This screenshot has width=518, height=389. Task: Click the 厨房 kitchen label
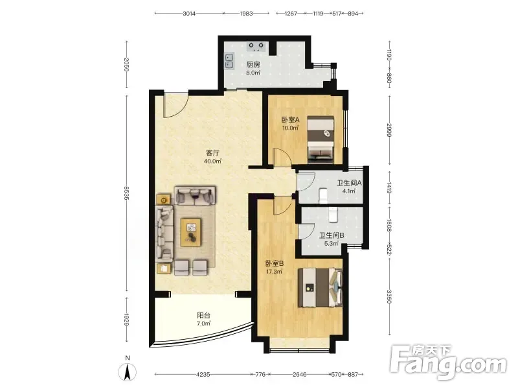(253, 64)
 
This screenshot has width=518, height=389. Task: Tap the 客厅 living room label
(212, 153)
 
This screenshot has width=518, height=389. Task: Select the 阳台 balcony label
(203, 316)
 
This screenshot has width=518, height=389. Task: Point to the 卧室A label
(290, 120)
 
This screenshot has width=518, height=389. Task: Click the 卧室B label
(275, 264)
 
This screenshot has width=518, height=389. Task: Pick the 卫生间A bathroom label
(349, 183)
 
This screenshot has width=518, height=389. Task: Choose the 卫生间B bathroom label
(332, 235)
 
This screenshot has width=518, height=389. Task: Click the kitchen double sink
(229, 61)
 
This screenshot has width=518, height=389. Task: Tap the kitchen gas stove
(256, 46)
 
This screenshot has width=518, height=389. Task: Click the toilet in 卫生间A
(323, 196)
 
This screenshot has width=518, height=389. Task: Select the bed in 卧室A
(321, 139)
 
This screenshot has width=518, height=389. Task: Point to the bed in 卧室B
(320, 287)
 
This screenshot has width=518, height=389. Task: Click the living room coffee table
(191, 232)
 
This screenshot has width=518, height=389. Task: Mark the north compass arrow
(128, 372)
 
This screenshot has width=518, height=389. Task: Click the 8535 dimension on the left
(126, 193)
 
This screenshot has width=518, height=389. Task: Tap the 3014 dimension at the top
(189, 14)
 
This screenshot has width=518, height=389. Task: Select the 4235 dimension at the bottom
(203, 375)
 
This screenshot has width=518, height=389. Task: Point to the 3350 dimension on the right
(389, 297)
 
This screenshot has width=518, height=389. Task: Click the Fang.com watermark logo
(449, 362)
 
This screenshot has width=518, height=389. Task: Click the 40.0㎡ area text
(212, 161)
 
